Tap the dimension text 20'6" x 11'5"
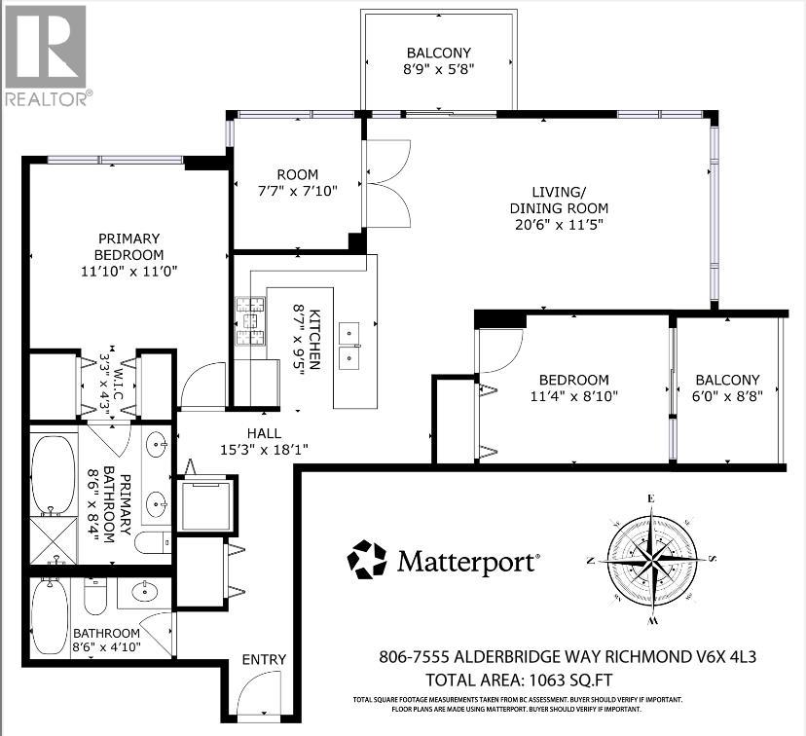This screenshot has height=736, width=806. coord(559,225)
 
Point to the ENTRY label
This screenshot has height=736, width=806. coord(264,659)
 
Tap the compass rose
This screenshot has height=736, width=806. coord(651,560)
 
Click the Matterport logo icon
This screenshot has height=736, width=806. coord(367,561)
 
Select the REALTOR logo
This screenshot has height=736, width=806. coord(47,54)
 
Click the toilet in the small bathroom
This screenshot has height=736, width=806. coord(95,596)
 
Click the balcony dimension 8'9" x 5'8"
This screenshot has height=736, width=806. coord(439,70)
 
